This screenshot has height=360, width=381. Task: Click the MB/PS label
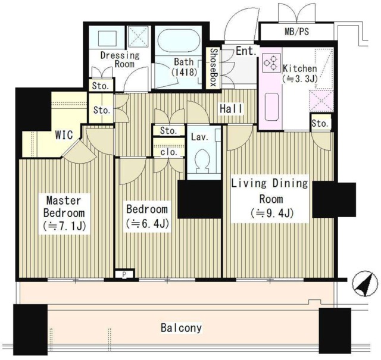click(296, 32)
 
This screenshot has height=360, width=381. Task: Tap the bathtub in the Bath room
click(179, 40)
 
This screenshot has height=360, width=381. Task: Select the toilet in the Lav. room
click(202, 161)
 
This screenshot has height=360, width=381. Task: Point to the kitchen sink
click(271, 107)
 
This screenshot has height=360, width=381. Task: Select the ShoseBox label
click(213, 67)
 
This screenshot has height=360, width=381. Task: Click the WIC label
click(64, 135)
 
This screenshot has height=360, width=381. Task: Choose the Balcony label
click(181, 328)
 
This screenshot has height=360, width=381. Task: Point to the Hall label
click(231, 109)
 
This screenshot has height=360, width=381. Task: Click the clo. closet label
click(168, 152)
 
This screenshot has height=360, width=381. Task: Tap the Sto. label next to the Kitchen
click(320, 123)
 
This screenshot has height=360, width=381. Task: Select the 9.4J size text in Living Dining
click(272, 214)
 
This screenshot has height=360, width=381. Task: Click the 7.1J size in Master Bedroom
click(64, 226)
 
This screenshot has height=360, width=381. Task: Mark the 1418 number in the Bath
click(184, 72)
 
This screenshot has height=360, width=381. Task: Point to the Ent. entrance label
click(246, 51)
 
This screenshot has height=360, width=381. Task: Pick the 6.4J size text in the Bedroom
click(147, 224)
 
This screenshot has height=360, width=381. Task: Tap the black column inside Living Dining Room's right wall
click(334, 199)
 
